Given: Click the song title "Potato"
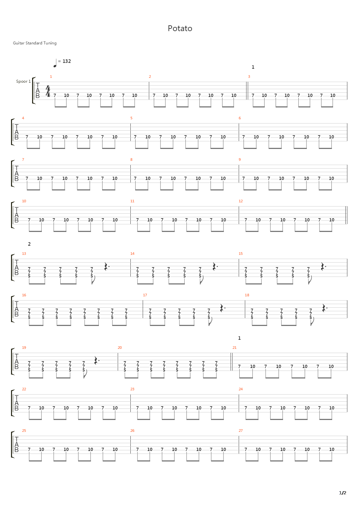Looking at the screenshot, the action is tap(180, 29).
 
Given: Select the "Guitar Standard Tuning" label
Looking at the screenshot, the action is tap(35, 43).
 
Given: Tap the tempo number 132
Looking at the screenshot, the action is tap(66, 61).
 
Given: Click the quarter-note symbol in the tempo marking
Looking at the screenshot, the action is tap(55, 63).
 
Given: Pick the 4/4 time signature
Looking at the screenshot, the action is tap(48, 91).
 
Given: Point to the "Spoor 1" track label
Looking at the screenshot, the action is tap(23, 81).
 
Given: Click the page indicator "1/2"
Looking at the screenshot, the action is tap(342, 493).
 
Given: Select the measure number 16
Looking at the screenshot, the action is tap(24, 295).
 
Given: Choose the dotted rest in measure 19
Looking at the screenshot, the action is tap(97, 361).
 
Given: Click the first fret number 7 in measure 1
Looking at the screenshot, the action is tap(55, 95).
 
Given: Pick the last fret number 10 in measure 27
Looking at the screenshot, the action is tap(331, 449).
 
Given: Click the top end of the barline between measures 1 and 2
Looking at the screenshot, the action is tap(149, 82).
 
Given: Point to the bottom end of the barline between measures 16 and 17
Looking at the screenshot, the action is tap(143, 318).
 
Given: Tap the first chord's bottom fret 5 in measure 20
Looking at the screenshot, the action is tap(125, 370).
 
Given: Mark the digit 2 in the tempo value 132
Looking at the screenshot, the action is tap(69, 61).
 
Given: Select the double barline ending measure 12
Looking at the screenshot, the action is tap(346, 215).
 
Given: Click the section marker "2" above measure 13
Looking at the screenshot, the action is tap(29, 244).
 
